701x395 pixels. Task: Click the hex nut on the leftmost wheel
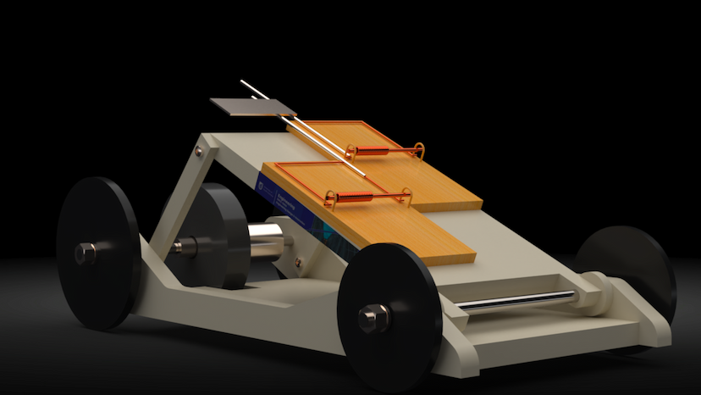pos(85,253)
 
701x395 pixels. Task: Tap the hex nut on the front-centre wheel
pos(373,319)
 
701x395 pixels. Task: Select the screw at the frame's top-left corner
pos(199,152)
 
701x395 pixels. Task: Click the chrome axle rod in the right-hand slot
pos(516,301)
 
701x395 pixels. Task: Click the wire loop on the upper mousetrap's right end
pos(417,151)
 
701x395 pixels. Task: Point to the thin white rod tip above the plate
pos(245,83)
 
